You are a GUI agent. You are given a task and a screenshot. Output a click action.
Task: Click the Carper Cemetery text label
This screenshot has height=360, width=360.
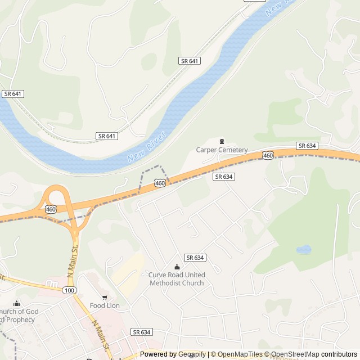[222, 150]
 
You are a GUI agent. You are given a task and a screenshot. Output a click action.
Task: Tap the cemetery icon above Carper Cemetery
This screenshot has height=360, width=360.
[222, 141]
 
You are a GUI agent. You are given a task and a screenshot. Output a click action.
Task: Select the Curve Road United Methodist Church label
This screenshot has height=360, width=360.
[177, 278]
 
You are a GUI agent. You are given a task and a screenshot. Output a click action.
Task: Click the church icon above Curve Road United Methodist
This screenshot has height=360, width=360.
[177, 267]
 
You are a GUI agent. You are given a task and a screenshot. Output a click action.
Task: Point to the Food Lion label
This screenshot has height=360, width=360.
[105, 305]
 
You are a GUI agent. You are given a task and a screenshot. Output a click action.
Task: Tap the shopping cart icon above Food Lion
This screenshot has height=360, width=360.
[105, 297]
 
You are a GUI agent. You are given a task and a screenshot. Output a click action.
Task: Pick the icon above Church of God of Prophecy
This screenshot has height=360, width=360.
[17, 304]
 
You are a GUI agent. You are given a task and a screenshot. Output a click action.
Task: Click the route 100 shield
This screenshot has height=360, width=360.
[69, 290]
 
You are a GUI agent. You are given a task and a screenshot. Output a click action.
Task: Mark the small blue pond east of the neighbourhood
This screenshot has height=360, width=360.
[304, 249]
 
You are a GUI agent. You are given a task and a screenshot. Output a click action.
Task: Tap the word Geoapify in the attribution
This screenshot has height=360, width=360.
[191, 354]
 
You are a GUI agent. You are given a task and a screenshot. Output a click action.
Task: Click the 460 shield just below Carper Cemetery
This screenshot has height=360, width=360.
[268, 155]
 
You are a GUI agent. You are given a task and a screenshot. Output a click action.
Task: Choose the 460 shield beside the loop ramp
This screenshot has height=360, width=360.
[51, 209]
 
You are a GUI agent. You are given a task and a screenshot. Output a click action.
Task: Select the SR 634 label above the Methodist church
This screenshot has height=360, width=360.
[195, 257]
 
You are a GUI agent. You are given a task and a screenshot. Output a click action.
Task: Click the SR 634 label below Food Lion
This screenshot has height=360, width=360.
[141, 332]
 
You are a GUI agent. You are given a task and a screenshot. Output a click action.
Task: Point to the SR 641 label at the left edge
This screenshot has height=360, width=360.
[12, 94]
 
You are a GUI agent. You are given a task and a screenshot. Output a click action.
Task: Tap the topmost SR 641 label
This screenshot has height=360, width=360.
[190, 61]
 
